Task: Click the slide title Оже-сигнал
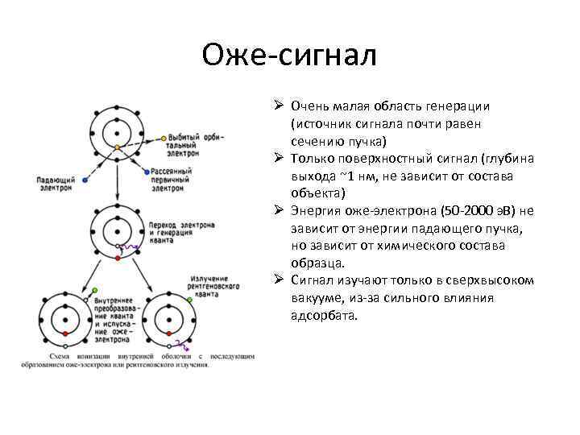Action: coord(289,56)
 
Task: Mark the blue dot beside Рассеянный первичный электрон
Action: coord(145,172)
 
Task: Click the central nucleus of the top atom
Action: coord(117,132)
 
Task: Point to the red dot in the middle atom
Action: coord(118,259)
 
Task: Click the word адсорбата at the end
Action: coord(322,316)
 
